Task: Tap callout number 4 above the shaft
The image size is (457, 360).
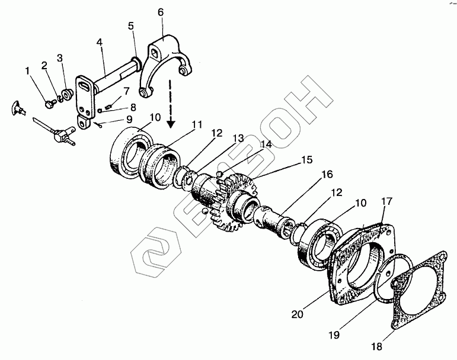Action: click(x=100, y=42)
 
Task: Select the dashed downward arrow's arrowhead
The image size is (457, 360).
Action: click(x=171, y=124)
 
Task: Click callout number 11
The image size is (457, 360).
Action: click(x=196, y=126)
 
